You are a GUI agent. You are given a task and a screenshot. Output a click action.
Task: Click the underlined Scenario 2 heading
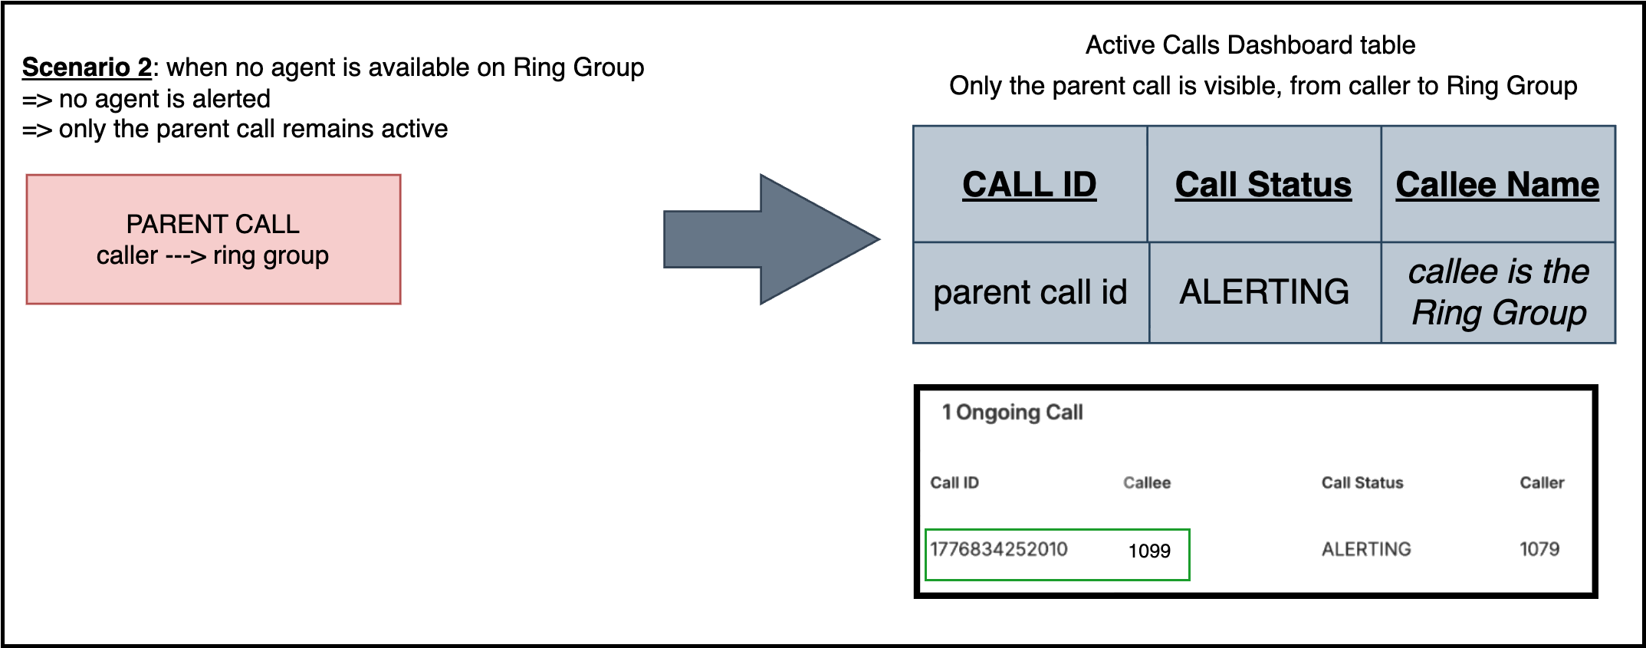pyautogui.click(x=87, y=67)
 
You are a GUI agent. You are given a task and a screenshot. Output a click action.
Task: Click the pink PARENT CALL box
pyautogui.click(x=213, y=239)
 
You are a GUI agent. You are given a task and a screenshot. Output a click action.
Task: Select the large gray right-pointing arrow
pyautogui.click(x=771, y=239)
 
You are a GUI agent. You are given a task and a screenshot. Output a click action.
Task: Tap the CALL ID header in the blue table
pyautogui.click(x=1030, y=184)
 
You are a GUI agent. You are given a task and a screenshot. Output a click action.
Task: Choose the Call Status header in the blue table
pyautogui.click(x=1263, y=184)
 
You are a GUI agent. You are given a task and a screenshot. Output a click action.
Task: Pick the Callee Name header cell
pyautogui.click(x=1498, y=184)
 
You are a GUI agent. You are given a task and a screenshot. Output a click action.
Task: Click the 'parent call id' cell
pyautogui.click(x=1031, y=292)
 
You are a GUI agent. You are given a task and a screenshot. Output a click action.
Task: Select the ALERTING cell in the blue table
pyautogui.click(x=1265, y=292)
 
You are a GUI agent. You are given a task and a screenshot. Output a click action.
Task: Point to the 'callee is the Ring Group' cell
pyautogui.click(x=1499, y=292)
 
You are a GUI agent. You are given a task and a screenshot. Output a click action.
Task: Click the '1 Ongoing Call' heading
pyautogui.click(x=1012, y=413)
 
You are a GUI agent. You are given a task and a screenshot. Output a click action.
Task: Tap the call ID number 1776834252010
pyautogui.click(x=999, y=549)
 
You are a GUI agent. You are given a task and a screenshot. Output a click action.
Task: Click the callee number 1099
pyautogui.click(x=1149, y=551)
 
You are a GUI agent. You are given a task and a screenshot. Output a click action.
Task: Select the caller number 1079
pyautogui.click(x=1539, y=549)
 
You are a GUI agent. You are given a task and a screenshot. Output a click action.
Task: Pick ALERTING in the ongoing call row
pyautogui.click(x=1366, y=549)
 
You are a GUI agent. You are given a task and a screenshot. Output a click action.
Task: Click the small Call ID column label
pyautogui.click(x=954, y=483)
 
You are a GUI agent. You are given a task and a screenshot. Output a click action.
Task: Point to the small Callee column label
pyautogui.click(x=1147, y=483)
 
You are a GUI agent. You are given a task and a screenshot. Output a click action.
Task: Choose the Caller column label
pyautogui.click(x=1543, y=483)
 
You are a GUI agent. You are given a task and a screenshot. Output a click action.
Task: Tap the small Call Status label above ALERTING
pyautogui.click(x=1362, y=483)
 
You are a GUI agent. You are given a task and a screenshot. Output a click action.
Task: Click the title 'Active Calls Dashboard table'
pyautogui.click(x=1250, y=45)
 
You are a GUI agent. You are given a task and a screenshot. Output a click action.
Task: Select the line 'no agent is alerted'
pyautogui.click(x=165, y=99)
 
